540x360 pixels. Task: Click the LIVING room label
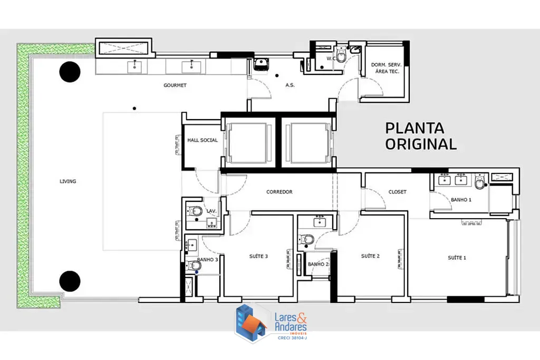[68, 181]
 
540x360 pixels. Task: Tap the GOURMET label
[175, 85]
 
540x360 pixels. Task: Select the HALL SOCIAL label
[202, 140]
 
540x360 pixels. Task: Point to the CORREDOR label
[279, 192]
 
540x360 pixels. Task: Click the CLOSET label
[398, 192]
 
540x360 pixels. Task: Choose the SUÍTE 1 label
[457, 258]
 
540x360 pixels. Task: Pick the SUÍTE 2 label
[370, 256]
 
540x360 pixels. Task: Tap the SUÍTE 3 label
[258, 256]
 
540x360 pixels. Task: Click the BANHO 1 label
[461, 200]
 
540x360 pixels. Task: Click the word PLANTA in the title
[414, 128]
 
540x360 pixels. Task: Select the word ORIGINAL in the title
[421, 144]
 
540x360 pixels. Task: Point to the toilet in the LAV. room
[195, 210]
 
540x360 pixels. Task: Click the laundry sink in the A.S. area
[262, 64]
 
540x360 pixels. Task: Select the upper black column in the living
[70, 72]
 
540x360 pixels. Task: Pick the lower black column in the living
[70, 281]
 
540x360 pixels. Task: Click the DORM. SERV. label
[386, 65]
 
